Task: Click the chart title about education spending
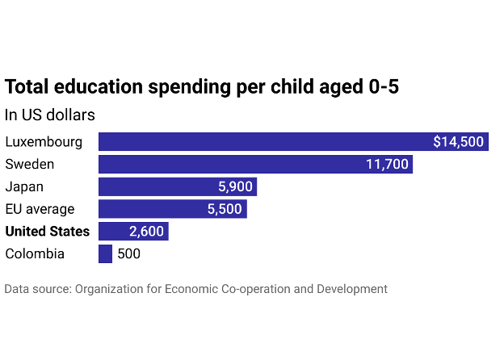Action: tap(202, 87)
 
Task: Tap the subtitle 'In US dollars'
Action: tap(50, 115)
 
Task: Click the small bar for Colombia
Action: tap(105, 253)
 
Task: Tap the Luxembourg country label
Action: tap(44, 142)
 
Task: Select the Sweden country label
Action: tap(30, 165)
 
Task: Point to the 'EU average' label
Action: tap(40, 209)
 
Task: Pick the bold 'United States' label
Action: tap(48, 232)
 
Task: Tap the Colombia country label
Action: tap(35, 253)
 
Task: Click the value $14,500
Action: tap(458, 142)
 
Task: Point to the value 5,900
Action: tap(236, 187)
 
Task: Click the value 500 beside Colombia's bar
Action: tap(128, 253)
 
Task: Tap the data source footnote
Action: tap(195, 289)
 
